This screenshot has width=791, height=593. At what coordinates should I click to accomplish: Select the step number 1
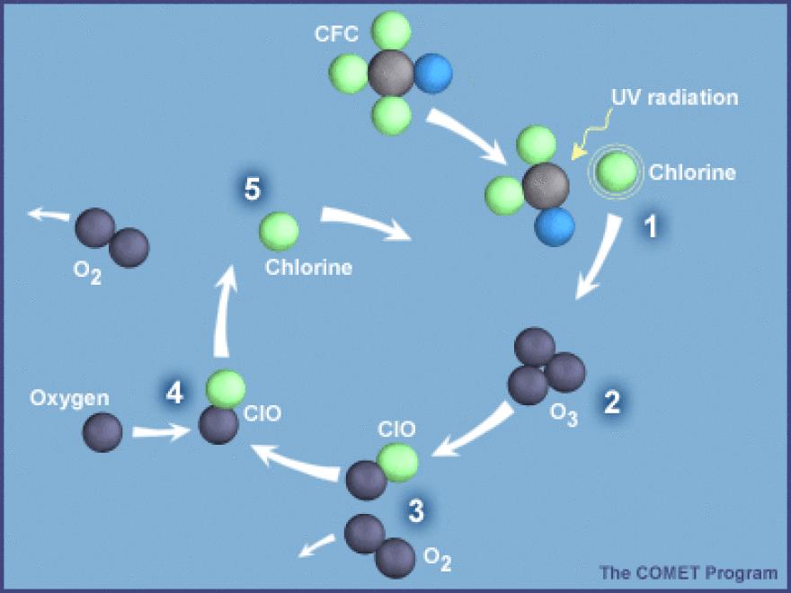(652, 227)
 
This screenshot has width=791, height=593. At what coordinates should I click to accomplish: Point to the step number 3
(415, 511)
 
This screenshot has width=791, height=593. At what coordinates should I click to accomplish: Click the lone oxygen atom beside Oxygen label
(102, 432)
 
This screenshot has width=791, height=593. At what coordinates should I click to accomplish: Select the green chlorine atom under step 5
(280, 231)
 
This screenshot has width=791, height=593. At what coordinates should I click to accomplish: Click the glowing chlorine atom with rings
(615, 173)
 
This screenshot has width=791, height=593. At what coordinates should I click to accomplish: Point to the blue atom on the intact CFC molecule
(435, 73)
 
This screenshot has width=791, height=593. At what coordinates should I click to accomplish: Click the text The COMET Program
(689, 571)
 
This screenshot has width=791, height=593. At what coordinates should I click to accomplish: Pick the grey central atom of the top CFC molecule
(391, 74)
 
